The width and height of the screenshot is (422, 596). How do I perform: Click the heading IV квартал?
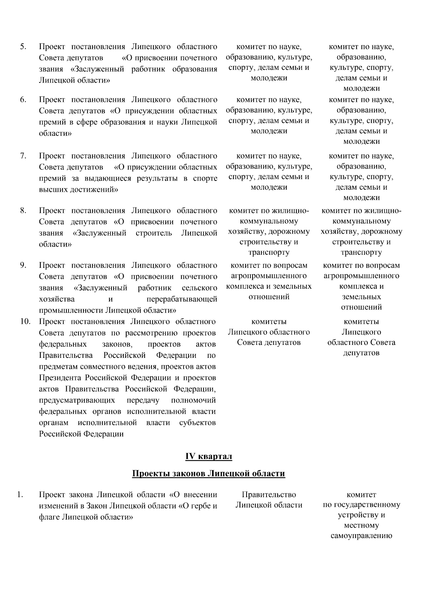209,457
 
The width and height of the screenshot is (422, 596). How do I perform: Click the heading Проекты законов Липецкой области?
209,474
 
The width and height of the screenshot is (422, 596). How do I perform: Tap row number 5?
23,47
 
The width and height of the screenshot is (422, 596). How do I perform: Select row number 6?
23,100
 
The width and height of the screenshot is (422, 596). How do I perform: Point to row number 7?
23,156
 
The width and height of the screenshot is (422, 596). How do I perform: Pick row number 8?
23,210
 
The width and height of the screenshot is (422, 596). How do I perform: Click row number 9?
23,265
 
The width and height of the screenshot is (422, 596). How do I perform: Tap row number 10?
25,321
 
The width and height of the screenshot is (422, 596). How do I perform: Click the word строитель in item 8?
154,233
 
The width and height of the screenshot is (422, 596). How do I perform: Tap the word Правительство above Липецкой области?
269,495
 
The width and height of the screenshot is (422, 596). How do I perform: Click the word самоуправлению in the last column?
361,536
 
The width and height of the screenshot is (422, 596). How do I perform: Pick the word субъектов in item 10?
197,423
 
